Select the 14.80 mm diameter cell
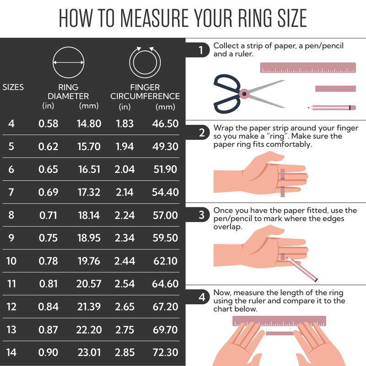[x=89, y=124]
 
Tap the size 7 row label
[x=11, y=192]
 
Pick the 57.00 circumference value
[x=165, y=215]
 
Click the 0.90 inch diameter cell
[x=48, y=353]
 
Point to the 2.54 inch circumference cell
[x=125, y=284]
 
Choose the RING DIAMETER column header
[x=69, y=91]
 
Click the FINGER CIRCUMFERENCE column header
[x=145, y=91]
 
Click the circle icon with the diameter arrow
[x=69, y=63]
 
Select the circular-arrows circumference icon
[x=145, y=62]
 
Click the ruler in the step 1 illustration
[x=308, y=68]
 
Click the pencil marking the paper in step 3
[x=302, y=268]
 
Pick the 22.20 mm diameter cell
[x=89, y=330]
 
